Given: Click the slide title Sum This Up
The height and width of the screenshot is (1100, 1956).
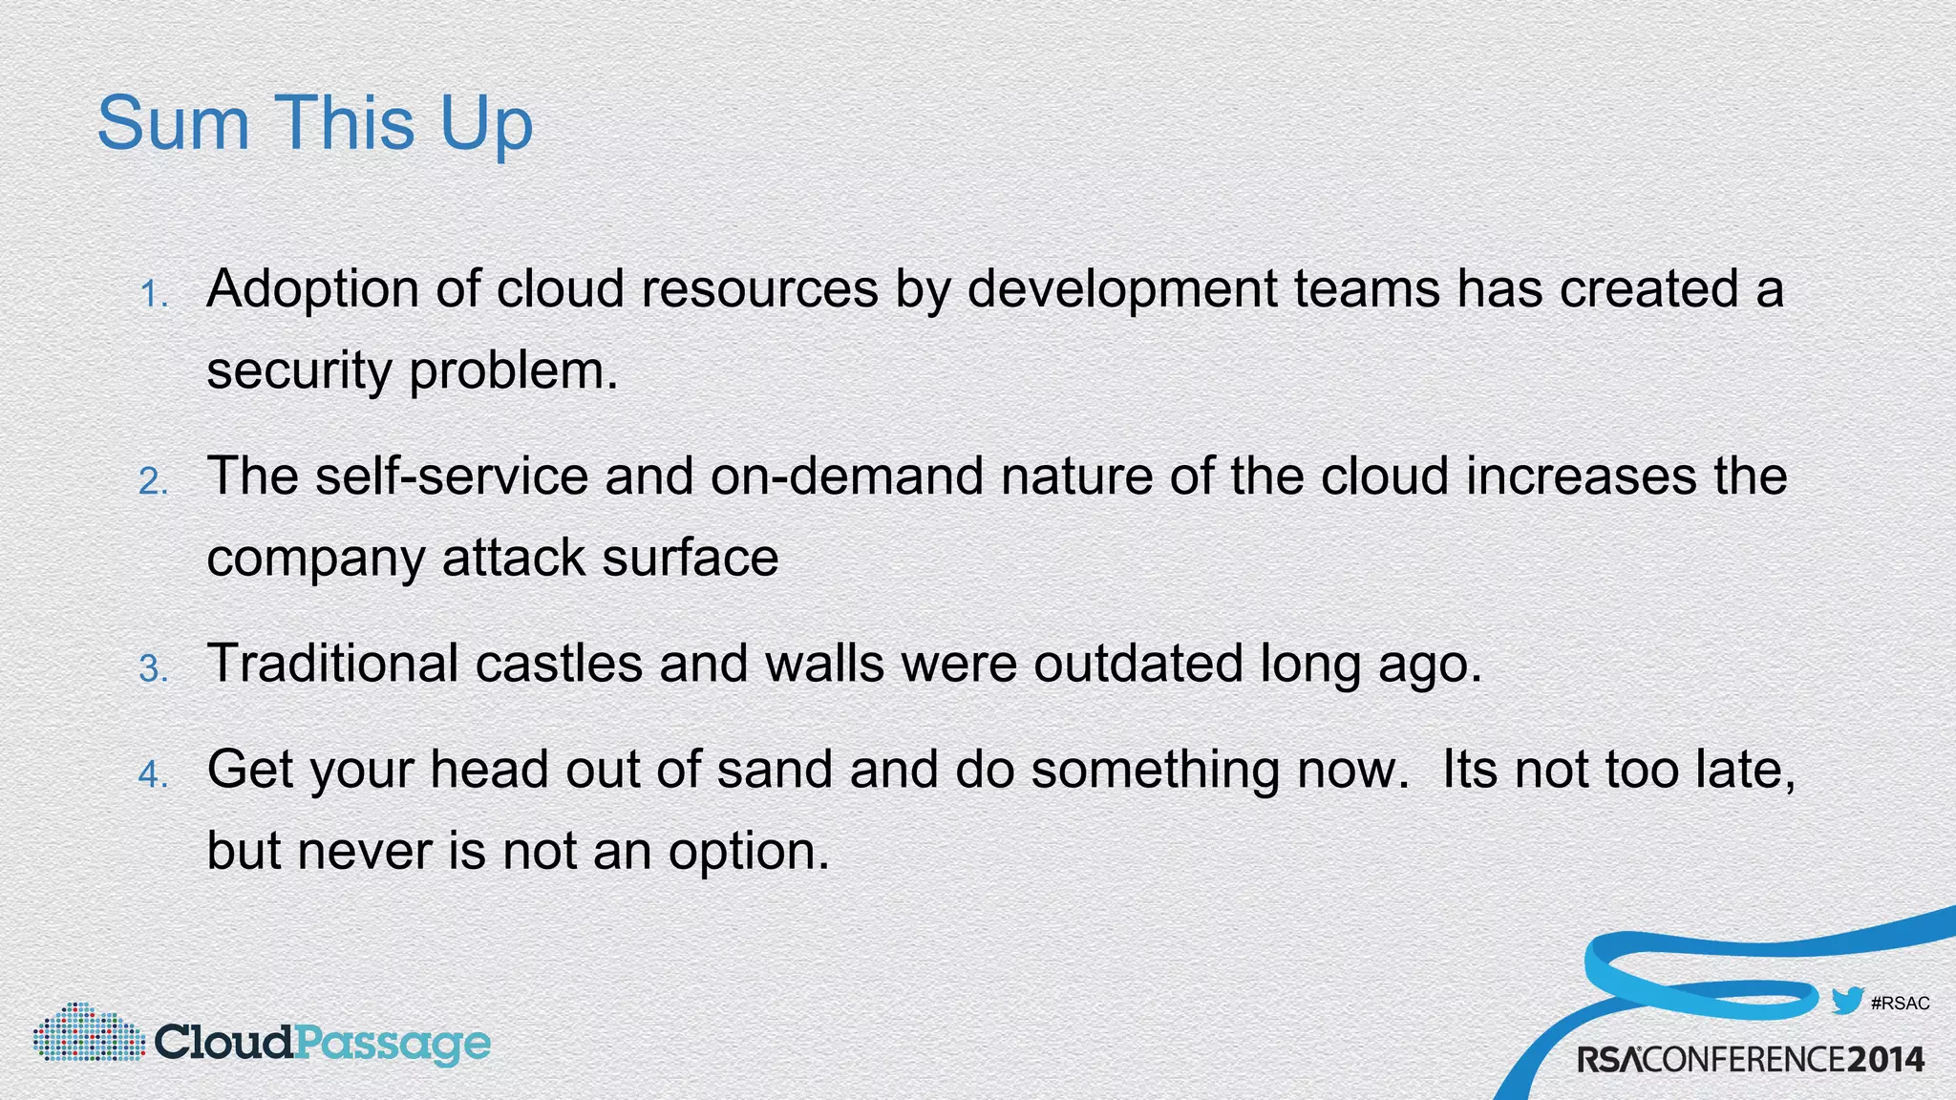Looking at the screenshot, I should click(x=314, y=124).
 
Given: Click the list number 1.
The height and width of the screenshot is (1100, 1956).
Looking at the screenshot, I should click(x=154, y=294).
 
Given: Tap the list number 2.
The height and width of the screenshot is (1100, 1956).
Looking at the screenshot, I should click(x=154, y=481).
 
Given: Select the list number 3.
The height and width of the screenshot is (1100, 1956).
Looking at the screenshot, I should click(x=154, y=668).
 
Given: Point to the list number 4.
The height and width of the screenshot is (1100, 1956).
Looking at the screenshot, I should click(x=154, y=774).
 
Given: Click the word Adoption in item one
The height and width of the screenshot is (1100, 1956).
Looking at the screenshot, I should click(x=312, y=288).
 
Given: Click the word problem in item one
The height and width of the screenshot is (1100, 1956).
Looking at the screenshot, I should click(x=514, y=370).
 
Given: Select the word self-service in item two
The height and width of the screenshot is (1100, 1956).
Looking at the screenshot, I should click(x=452, y=476).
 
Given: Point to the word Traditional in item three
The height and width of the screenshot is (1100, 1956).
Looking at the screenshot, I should click(x=332, y=663).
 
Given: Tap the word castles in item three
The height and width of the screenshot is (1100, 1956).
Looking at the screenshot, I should click(x=559, y=663).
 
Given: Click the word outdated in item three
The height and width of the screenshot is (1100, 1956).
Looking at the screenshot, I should click(x=1137, y=663).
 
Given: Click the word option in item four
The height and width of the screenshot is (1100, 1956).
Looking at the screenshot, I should click(x=747, y=851).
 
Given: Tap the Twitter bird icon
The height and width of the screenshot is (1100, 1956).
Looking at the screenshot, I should click(x=1847, y=1002).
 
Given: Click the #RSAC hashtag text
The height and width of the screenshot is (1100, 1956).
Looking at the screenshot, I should click(x=1900, y=1004).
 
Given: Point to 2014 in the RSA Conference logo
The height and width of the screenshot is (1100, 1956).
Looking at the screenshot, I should click(x=1884, y=1060).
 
